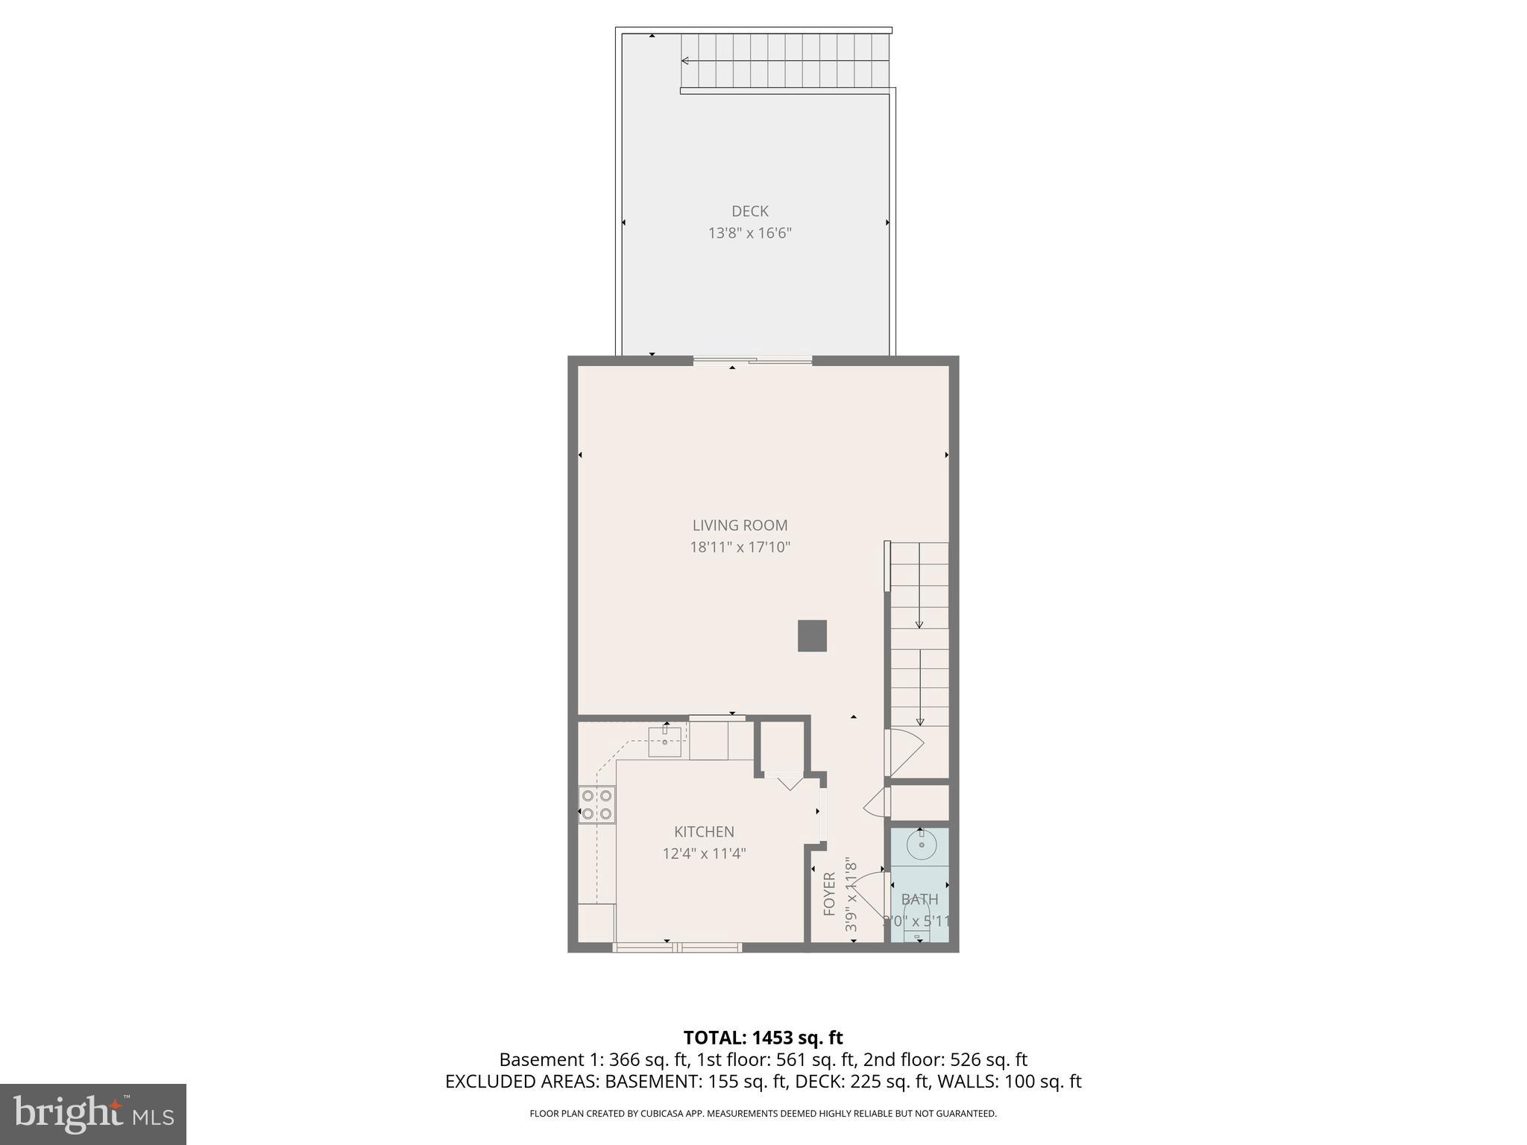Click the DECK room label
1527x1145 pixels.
pyautogui.click(x=749, y=211)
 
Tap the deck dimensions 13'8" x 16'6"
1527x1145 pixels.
pyautogui.click(x=749, y=233)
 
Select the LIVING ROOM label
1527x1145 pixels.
pyautogui.click(x=740, y=526)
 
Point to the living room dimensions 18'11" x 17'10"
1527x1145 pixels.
pyautogui.click(x=740, y=547)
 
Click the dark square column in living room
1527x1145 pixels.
pyautogui.click(x=812, y=636)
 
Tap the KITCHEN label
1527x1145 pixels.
pyautogui.click(x=704, y=832)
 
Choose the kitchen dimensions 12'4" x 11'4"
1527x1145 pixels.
pyautogui.click(x=704, y=854)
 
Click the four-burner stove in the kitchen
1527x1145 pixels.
pyautogui.click(x=596, y=805)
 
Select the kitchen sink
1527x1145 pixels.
pyautogui.click(x=664, y=742)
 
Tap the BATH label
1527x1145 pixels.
pyautogui.click(x=919, y=899)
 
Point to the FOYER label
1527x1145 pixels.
pyautogui.click(x=829, y=894)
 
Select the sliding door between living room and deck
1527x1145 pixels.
pyautogui.click(x=752, y=361)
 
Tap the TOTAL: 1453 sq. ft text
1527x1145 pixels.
pyautogui.click(x=763, y=1038)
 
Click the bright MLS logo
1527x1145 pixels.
pyautogui.click(x=92, y=1114)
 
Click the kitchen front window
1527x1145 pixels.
pyautogui.click(x=677, y=947)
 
